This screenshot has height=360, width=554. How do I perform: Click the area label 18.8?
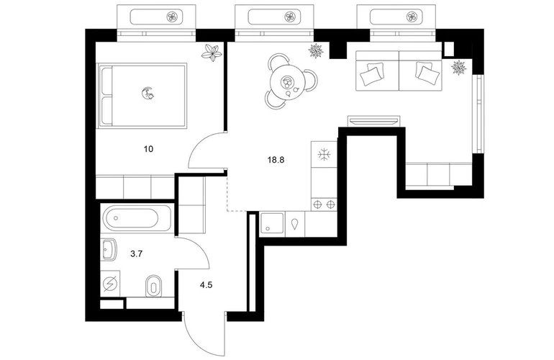[x=276, y=160]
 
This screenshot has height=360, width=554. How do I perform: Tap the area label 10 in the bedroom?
[x=148, y=149]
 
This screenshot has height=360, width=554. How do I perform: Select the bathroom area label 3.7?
[x=136, y=253]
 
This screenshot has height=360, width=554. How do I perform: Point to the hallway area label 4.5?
[x=206, y=285]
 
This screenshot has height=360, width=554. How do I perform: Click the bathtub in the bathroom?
[x=136, y=218]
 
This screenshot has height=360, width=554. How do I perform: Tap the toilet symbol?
[x=153, y=285]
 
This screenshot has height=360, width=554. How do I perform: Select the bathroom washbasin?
[x=109, y=249]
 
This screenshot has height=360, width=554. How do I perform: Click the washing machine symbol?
[x=110, y=284]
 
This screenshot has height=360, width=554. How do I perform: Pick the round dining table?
[x=286, y=84]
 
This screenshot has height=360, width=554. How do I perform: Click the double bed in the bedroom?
[x=142, y=96]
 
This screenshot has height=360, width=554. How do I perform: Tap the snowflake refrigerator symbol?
[x=324, y=155]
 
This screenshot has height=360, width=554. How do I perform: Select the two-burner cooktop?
[x=324, y=204]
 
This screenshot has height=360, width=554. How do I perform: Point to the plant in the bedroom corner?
[x=212, y=53]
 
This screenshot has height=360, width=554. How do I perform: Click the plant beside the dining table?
[x=316, y=50]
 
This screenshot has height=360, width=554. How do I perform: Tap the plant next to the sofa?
[x=459, y=67]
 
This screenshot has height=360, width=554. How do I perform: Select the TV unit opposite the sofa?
[x=374, y=120]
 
